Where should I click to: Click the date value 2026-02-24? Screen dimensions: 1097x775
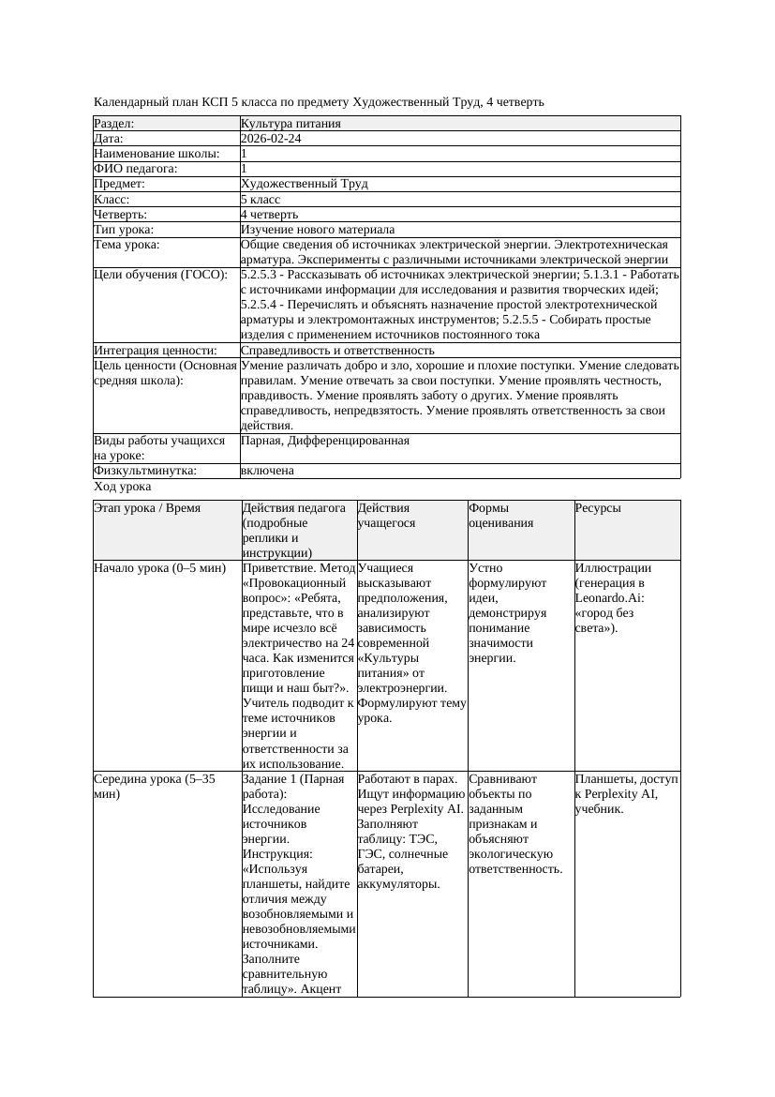pyautogui.click(x=271, y=139)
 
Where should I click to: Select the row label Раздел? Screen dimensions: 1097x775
pyautogui.click(x=114, y=124)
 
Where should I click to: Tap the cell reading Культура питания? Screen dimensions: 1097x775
pyautogui.click(x=291, y=124)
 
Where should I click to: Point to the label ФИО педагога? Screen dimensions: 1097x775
pyautogui.click(x=136, y=169)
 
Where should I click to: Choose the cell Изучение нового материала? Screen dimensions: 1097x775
pyautogui.click(x=318, y=230)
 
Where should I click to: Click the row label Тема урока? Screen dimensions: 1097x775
pyautogui.click(x=127, y=245)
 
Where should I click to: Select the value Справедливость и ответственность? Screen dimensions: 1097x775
pyautogui.click(x=337, y=350)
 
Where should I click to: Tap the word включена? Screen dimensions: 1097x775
pyautogui.click(x=267, y=471)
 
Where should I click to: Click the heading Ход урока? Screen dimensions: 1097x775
pyautogui.click(x=123, y=487)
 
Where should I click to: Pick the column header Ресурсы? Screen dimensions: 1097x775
pyautogui.click(x=598, y=508)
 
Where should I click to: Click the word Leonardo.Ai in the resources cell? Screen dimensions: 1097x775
pyautogui.click(x=610, y=598)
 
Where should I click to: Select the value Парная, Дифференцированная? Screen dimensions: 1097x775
pyautogui.click(x=324, y=440)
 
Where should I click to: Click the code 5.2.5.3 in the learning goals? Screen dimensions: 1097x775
pyautogui.click(x=262, y=275)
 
